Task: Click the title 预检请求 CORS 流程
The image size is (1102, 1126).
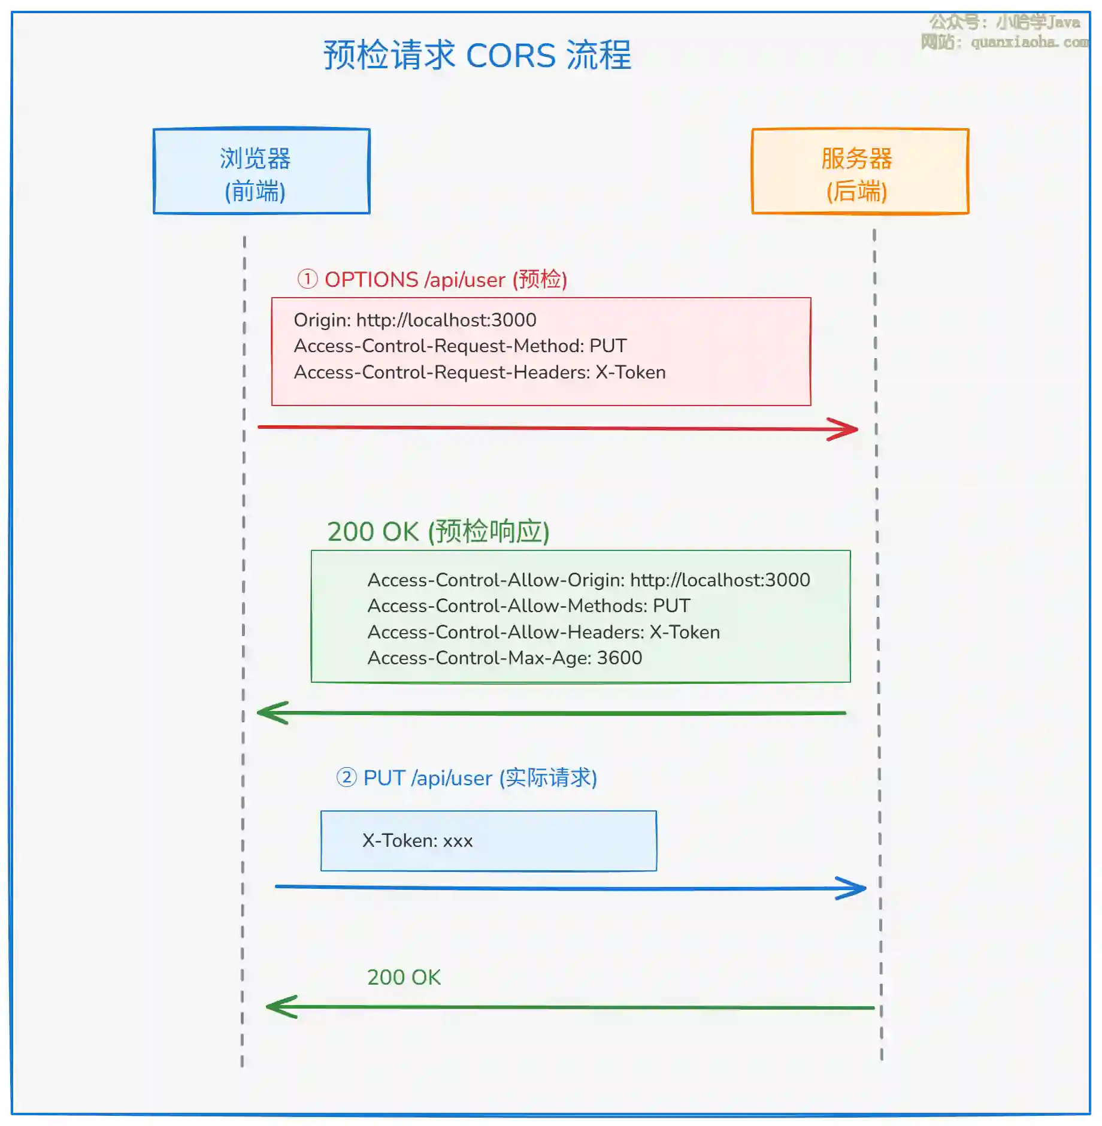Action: coord(477,55)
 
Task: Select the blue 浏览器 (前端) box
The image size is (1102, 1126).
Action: coord(261,171)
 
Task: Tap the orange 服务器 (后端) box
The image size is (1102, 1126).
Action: coord(860,171)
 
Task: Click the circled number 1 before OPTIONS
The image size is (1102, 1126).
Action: coord(307,279)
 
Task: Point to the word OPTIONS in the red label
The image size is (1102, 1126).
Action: coord(371,280)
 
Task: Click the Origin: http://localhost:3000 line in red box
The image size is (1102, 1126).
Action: coord(414,320)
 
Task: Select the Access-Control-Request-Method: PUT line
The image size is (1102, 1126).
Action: coord(460,346)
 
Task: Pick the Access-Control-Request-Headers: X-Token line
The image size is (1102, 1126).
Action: coord(479,372)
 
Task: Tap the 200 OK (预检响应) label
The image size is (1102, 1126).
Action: coord(438,531)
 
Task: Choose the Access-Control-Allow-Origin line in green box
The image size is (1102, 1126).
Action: coord(588,580)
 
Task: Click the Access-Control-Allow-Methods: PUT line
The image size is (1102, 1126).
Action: coord(528,606)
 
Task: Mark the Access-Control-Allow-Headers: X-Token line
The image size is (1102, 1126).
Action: coord(543,632)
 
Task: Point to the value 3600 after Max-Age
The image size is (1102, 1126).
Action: coord(619,658)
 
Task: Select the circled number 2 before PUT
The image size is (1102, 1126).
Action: coord(346,777)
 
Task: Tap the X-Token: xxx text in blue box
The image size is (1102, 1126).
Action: coord(417,840)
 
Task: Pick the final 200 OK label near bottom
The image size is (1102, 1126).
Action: coord(404,977)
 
